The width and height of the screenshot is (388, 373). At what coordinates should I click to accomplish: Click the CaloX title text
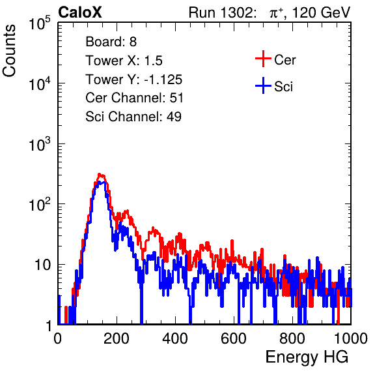[x=80, y=12]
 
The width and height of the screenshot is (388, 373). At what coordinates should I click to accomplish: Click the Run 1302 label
[x=222, y=12]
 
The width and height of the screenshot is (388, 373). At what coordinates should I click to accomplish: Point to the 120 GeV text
[x=322, y=12]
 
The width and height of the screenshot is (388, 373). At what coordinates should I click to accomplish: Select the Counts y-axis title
[x=9, y=51]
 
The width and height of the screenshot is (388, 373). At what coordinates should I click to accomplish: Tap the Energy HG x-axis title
[x=307, y=357]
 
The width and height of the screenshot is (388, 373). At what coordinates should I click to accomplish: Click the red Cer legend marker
[x=263, y=59]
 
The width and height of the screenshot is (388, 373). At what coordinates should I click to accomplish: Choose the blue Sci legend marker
[x=263, y=85]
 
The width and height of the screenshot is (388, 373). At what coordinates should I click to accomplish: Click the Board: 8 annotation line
[x=111, y=42]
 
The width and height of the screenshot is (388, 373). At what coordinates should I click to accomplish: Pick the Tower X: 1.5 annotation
[x=124, y=61]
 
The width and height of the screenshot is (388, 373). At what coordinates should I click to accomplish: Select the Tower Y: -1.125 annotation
[x=134, y=80]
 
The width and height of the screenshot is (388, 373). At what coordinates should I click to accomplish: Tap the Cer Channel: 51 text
[x=134, y=98]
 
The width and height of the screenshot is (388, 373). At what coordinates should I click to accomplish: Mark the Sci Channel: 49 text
[x=133, y=117]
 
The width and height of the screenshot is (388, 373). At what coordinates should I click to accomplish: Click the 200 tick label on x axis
[x=117, y=338]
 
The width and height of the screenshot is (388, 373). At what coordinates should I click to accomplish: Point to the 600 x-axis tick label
[x=234, y=338]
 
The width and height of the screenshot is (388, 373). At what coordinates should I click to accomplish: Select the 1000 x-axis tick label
[x=351, y=338]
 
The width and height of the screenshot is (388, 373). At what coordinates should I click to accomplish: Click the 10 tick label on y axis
[x=43, y=265]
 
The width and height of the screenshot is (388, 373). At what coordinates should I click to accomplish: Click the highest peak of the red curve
[x=99, y=174]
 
